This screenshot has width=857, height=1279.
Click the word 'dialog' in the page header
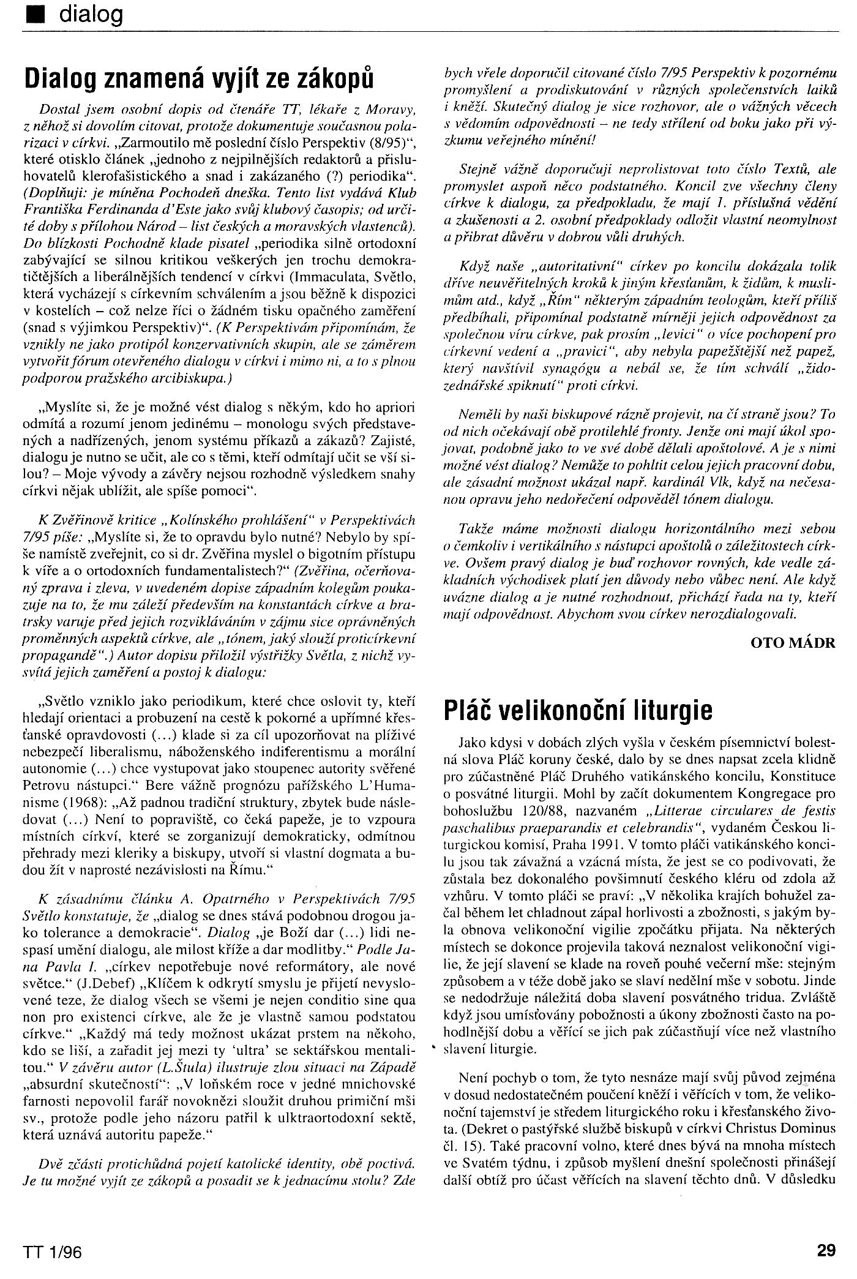click(91, 13)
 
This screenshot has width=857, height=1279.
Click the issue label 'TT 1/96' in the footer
click(52, 1251)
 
